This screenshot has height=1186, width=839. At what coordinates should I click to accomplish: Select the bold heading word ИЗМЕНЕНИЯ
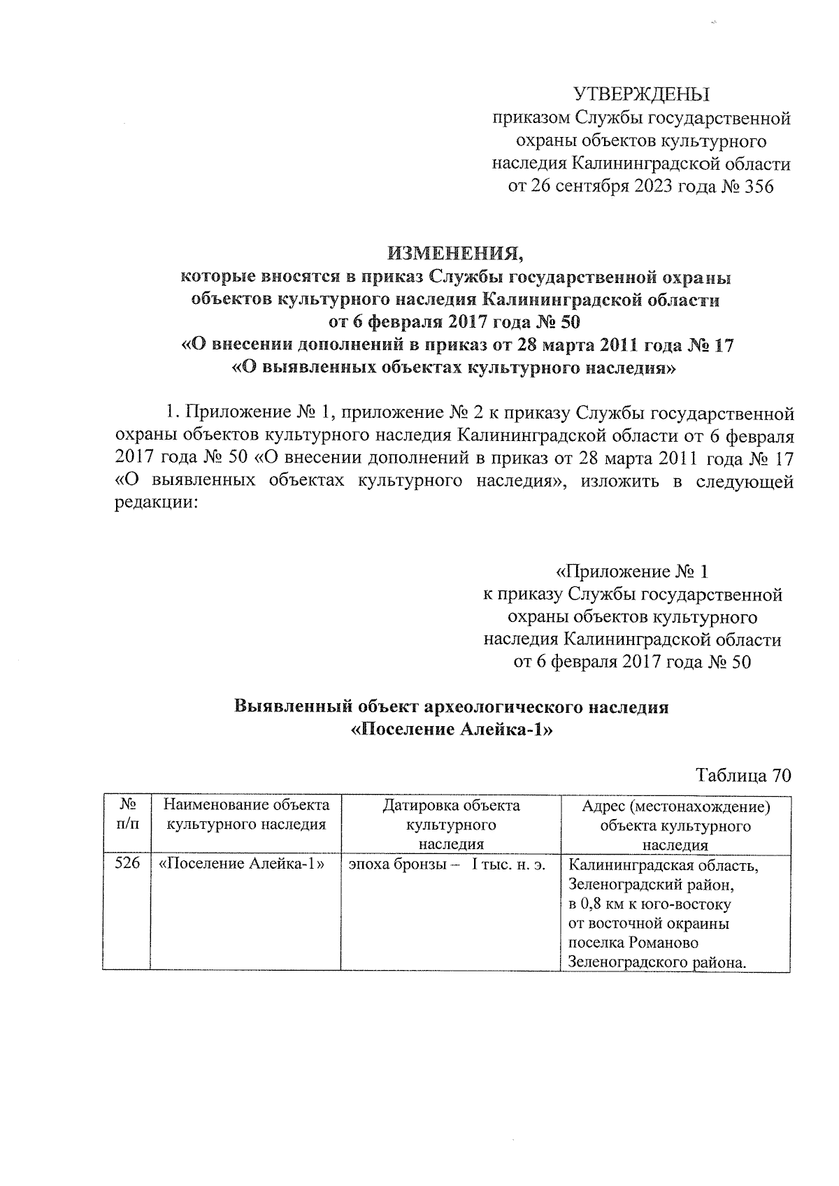456,252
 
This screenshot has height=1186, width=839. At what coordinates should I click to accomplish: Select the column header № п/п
127,815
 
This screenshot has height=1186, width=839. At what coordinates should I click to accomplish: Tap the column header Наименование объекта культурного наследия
245,815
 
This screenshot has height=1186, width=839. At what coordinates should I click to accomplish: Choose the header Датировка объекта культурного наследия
451,825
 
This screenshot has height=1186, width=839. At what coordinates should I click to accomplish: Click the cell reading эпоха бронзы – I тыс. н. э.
447,864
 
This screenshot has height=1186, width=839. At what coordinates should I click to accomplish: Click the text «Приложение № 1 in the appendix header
632,572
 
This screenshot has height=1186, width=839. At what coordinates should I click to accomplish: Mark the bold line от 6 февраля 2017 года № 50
454,322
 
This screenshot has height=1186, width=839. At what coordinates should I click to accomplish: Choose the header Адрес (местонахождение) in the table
675,807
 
